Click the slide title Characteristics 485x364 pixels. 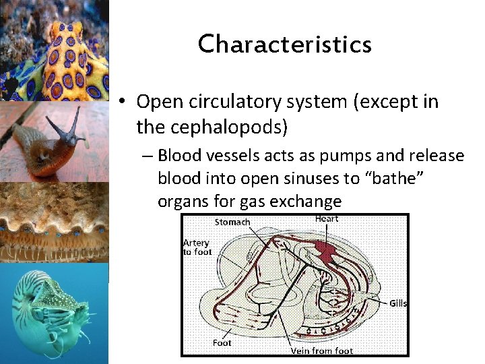(284, 44)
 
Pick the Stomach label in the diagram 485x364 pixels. (232, 222)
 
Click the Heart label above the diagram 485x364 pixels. (327, 218)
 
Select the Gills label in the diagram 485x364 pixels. (398, 303)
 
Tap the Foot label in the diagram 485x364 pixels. (222, 343)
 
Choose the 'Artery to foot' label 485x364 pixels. (197, 247)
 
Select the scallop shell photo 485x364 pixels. (54, 222)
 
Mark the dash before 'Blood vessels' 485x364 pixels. (147, 156)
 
